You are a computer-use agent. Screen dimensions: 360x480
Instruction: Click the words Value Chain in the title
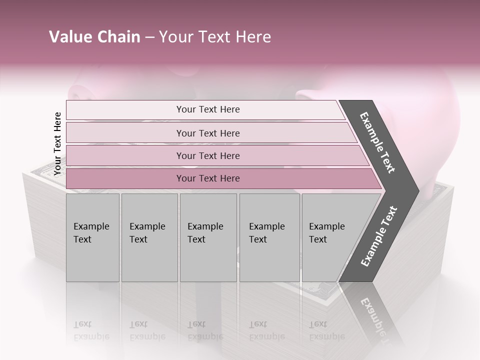94,37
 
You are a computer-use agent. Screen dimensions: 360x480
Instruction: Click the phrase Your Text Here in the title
215,37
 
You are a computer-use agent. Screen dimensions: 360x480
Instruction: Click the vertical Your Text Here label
57,143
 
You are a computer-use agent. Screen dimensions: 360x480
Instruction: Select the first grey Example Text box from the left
92,237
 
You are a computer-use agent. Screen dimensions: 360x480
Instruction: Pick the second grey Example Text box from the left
149,237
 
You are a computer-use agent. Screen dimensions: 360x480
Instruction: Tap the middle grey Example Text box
208,237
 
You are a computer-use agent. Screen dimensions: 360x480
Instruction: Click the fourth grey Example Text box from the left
269,237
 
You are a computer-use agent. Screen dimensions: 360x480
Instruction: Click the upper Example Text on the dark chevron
378,142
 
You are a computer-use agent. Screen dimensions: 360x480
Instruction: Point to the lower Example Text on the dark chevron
379,236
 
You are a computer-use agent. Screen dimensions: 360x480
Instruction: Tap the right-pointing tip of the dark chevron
416,190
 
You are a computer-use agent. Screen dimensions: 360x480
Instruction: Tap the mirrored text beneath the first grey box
91,331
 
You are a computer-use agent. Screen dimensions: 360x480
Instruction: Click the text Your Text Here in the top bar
208,109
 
